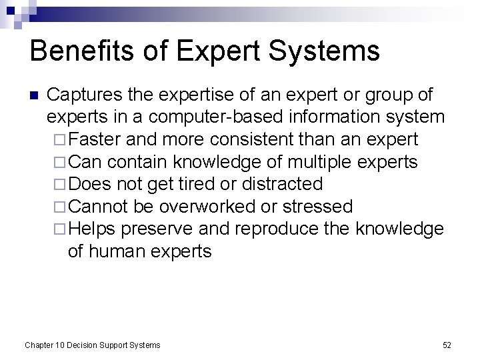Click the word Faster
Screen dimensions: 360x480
(91, 139)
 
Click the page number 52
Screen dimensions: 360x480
(447, 345)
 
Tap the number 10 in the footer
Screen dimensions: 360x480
(61, 345)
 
